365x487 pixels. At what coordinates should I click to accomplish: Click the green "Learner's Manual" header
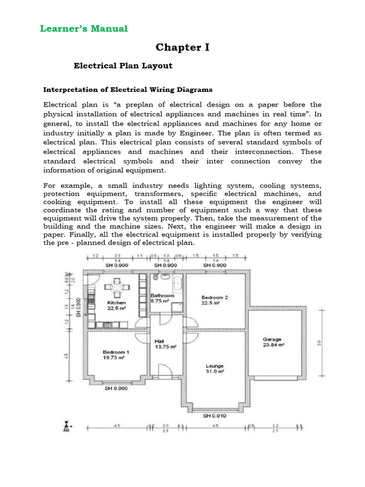click(x=84, y=29)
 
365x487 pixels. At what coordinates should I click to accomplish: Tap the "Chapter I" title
click(x=182, y=48)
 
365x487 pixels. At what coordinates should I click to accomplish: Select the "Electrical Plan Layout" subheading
click(x=123, y=66)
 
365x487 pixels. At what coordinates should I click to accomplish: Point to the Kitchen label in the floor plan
click(x=116, y=302)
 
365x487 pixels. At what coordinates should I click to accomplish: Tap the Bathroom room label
click(x=162, y=295)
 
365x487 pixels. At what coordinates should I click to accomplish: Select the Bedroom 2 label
click(x=215, y=297)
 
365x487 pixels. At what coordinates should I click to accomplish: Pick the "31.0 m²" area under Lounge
click(x=215, y=371)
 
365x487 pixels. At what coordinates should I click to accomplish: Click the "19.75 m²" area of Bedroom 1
click(x=114, y=358)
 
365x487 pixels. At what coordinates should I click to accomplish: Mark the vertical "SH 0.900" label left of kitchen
click(x=78, y=308)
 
